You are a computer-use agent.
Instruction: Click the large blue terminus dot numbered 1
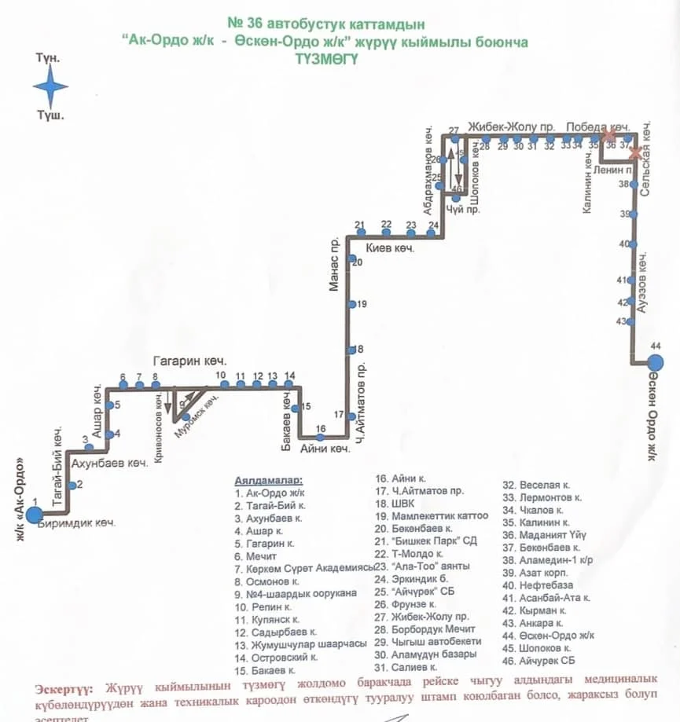tap(34, 515)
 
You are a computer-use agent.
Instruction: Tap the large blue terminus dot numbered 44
tap(654, 362)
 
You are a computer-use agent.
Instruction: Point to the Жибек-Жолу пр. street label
tap(512, 126)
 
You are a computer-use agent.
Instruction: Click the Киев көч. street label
tap(391, 247)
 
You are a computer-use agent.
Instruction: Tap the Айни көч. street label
tap(325, 449)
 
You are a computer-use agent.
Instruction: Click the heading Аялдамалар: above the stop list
tap(269, 479)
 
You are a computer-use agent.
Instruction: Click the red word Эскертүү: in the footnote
tap(64, 688)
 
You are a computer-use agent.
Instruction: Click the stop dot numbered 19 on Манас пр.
tap(353, 304)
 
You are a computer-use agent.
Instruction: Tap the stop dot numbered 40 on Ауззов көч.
tap(633, 244)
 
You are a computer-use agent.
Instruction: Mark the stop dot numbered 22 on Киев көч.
tap(386, 233)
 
